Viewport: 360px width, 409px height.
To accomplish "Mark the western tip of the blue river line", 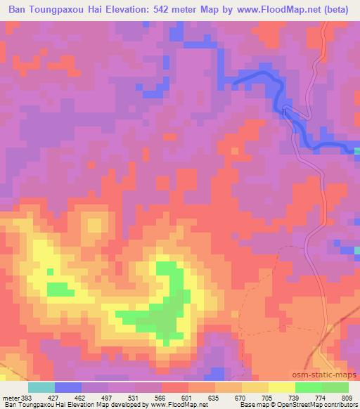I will [234, 84].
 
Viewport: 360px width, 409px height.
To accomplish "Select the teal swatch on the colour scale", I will [41, 388].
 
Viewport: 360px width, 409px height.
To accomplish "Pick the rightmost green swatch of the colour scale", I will [335, 388].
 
